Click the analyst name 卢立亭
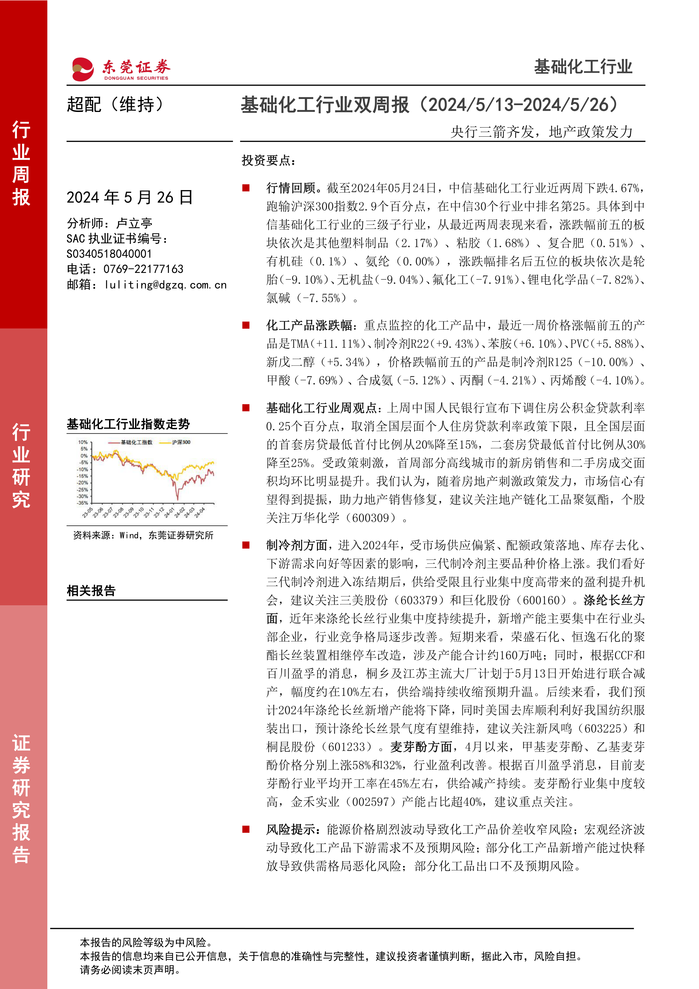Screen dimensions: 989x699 (134, 223)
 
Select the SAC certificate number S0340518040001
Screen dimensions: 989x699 (109, 254)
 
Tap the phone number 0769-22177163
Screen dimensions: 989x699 (143, 269)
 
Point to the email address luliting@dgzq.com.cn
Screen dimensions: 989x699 (165, 285)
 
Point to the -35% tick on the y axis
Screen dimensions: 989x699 (83, 503)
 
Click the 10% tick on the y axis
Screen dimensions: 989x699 (83, 442)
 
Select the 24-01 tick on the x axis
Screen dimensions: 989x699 (169, 513)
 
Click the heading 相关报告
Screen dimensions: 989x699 (91, 591)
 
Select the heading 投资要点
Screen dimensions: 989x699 (268, 161)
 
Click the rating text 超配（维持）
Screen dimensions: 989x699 (115, 105)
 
